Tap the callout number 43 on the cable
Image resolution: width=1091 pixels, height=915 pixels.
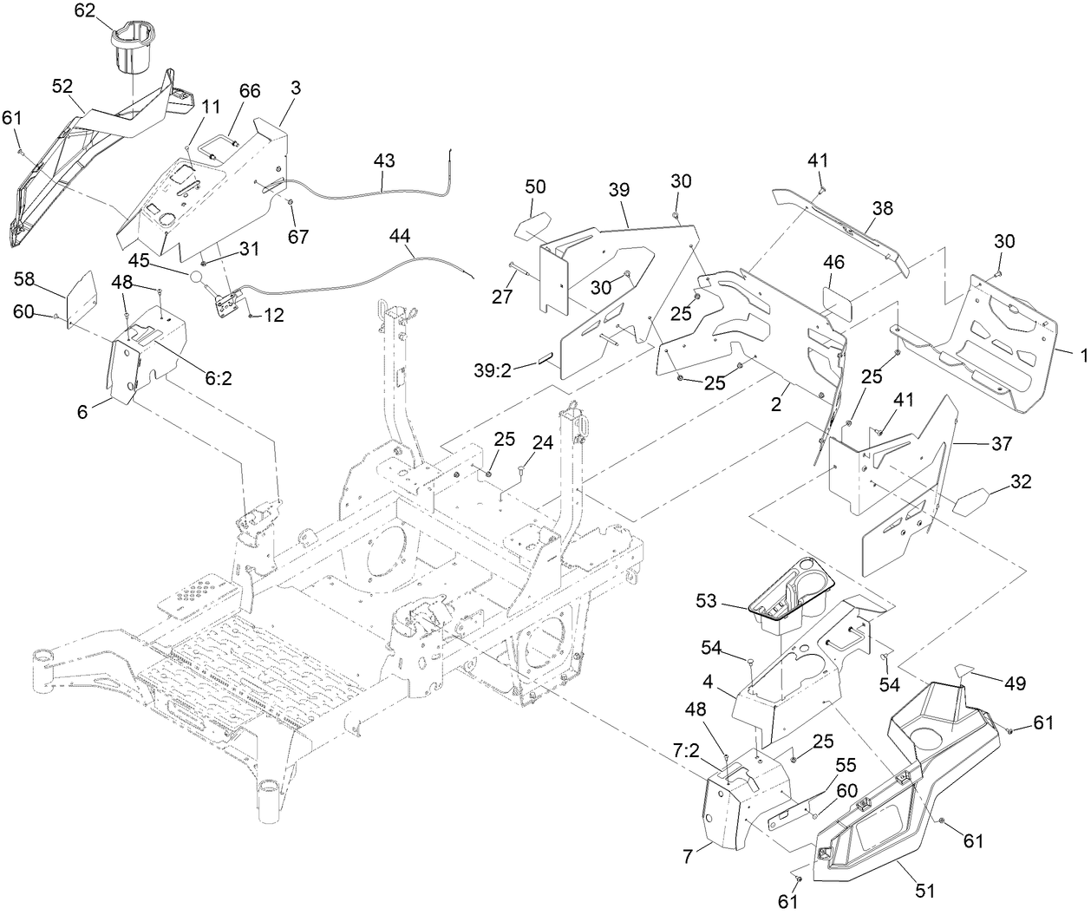point(384,160)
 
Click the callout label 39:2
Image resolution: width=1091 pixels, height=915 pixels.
point(515,369)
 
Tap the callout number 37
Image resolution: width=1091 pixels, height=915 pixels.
point(1002,443)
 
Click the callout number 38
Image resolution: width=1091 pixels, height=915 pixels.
point(883,209)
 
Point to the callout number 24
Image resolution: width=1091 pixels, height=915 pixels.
point(543,441)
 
